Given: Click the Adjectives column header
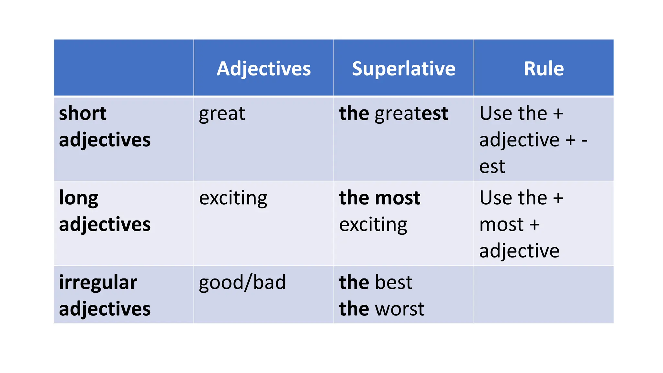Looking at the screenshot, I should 264,69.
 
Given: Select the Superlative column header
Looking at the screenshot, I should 403,69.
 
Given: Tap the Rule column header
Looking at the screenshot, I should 544,69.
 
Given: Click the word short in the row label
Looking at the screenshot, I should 83,113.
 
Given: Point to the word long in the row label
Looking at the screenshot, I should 78,198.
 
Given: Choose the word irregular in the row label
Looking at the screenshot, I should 98,282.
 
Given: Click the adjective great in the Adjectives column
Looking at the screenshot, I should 222,114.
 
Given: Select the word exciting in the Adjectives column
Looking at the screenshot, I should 233,198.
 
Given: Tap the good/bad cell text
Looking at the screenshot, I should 242,282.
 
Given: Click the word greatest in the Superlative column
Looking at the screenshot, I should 411,114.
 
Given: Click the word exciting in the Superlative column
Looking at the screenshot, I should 373,225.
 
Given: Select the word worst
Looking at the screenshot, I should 399,309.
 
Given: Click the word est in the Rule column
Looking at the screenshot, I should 492,167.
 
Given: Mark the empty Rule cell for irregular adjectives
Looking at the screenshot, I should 544,295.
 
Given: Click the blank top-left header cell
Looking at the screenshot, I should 124,68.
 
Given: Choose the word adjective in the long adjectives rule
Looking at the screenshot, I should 519,251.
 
